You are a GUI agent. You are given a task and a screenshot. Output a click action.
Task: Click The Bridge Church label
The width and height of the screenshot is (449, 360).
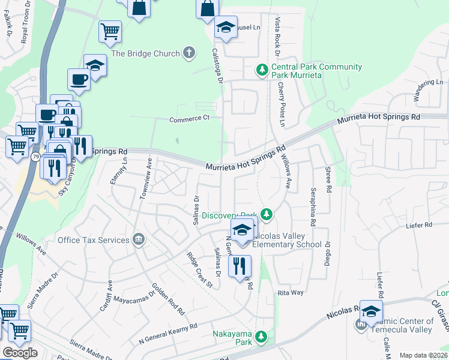pos(145,53)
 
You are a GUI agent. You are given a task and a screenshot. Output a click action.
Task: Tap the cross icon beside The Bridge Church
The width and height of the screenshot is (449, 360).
pos(189,53)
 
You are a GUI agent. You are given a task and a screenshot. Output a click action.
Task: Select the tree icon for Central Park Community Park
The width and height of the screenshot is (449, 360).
pos(262,70)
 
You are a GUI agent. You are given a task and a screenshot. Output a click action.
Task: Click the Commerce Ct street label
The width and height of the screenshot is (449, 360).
pos(188,119)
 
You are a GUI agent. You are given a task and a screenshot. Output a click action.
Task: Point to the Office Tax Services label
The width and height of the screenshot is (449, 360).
pos(93,240)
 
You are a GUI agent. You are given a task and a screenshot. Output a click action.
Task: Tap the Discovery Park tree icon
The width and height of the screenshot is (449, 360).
pos(267,214)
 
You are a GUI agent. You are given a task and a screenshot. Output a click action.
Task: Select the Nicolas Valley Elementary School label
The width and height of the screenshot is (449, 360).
pos(287,240)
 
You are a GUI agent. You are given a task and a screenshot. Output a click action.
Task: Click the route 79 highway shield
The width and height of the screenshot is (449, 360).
pos(35,157)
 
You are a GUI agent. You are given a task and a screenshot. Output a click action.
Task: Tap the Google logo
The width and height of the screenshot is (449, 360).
pos(19,352)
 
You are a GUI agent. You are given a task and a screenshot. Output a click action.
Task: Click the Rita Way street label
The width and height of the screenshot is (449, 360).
pos(290,292)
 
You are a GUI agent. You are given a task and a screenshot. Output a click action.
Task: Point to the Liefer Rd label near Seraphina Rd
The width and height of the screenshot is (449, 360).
pos(420,225)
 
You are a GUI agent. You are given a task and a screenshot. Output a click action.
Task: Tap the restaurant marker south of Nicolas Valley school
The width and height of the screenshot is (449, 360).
pos(240,267)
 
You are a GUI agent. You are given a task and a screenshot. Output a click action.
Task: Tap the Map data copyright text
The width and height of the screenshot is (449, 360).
pos(424,355)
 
